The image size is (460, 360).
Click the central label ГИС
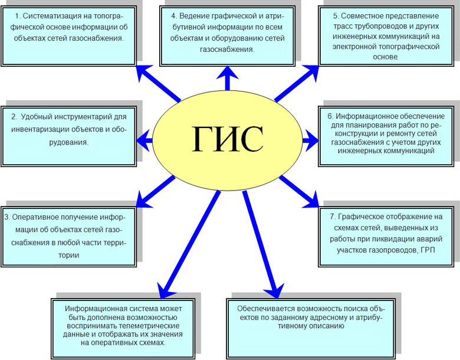(x=228, y=139)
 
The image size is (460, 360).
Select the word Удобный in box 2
(x=37, y=117)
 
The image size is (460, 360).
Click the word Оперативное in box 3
(x=37, y=217)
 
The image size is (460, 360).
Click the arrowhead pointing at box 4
(x=228, y=73)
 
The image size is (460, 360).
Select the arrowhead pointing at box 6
(x=311, y=140)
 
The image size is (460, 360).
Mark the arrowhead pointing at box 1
(x=144, y=73)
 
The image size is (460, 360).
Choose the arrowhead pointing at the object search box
(x=274, y=292)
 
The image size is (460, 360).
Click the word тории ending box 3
(x=69, y=255)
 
